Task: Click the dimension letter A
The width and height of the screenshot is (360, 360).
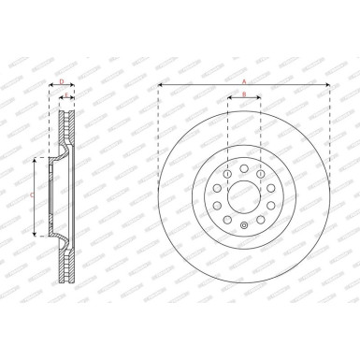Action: (x=244, y=81)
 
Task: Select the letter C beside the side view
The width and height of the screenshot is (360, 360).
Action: (x=33, y=195)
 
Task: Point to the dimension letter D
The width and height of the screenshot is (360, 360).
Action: (x=61, y=82)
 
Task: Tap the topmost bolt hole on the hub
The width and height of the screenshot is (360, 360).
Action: (x=244, y=168)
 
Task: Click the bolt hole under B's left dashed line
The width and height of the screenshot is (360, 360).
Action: (x=227, y=173)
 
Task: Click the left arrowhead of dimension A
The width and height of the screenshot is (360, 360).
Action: (x=161, y=86)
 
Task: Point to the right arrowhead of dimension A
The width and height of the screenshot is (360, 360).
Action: (x=327, y=86)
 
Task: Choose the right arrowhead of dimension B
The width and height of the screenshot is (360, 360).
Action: (x=259, y=98)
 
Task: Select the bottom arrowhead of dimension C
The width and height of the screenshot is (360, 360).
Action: (x=36, y=233)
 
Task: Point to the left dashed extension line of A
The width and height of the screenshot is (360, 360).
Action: (x=159, y=140)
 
